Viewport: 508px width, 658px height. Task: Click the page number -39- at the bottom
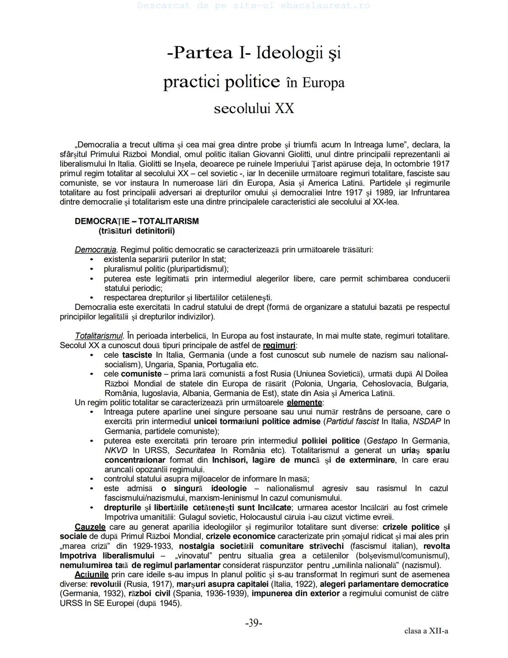tap(254, 623)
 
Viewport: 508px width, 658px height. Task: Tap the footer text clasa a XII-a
tap(426, 631)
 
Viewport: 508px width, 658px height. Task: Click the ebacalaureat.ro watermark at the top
tap(254, 6)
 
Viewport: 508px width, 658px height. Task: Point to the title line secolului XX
tap(254, 108)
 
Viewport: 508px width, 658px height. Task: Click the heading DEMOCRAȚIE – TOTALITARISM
tap(136, 221)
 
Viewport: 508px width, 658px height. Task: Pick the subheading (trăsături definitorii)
tap(136, 231)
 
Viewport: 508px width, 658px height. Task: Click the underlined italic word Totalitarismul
tap(99, 336)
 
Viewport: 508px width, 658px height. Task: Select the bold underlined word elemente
tap(304, 403)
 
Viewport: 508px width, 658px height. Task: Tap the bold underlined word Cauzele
tap(90, 527)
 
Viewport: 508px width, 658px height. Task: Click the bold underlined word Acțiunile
tap(91, 575)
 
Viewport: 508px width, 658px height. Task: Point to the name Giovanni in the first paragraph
tap(269, 154)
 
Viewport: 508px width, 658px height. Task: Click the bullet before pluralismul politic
tap(92, 269)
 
